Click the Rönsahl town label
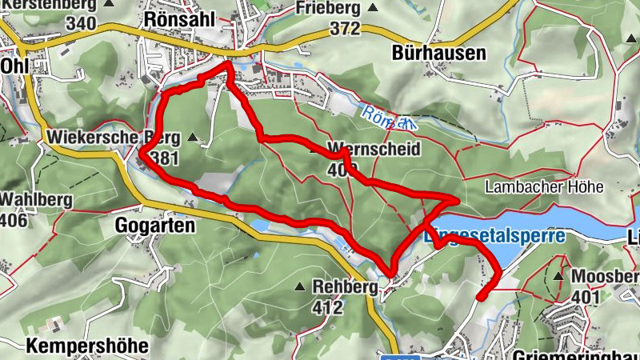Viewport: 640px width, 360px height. point(176,18)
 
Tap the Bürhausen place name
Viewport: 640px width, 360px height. point(439,53)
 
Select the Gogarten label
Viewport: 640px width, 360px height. point(155,226)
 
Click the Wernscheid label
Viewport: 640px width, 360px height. point(363,149)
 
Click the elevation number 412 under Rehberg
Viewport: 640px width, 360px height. point(328,306)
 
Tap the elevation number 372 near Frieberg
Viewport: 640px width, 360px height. point(344,29)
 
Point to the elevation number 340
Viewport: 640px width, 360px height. point(82,22)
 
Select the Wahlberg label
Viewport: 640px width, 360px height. point(36,198)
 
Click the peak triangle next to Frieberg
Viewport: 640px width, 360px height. point(372,8)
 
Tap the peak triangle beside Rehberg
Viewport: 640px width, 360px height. point(299,286)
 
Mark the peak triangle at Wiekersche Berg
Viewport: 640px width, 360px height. point(192,138)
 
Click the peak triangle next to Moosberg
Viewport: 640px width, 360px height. point(558,275)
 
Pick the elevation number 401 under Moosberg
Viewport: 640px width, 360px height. point(587,297)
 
